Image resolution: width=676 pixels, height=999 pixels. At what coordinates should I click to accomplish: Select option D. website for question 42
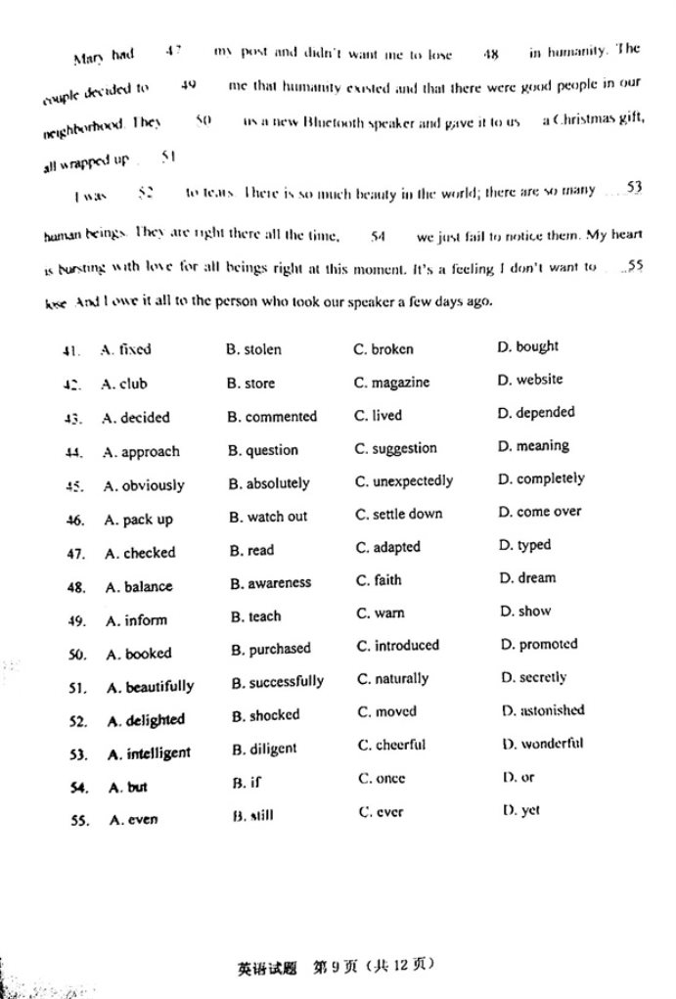pyautogui.click(x=529, y=380)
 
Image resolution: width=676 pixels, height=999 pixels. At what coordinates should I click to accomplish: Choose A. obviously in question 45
pyautogui.click(x=143, y=485)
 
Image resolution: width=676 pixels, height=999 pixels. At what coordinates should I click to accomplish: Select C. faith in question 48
pyautogui.click(x=378, y=580)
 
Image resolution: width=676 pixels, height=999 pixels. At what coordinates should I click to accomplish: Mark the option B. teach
pyautogui.click(x=255, y=616)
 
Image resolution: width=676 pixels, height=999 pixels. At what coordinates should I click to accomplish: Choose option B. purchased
pyautogui.click(x=271, y=649)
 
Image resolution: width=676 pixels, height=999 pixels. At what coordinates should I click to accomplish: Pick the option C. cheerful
pyautogui.click(x=389, y=745)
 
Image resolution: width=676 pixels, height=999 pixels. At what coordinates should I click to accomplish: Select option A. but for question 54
pyautogui.click(x=127, y=788)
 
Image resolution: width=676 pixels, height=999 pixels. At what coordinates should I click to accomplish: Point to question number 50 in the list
pyautogui.click(x=77, y=655)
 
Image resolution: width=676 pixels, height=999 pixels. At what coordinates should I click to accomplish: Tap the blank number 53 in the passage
pyautogui.click(x=633, y=187)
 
